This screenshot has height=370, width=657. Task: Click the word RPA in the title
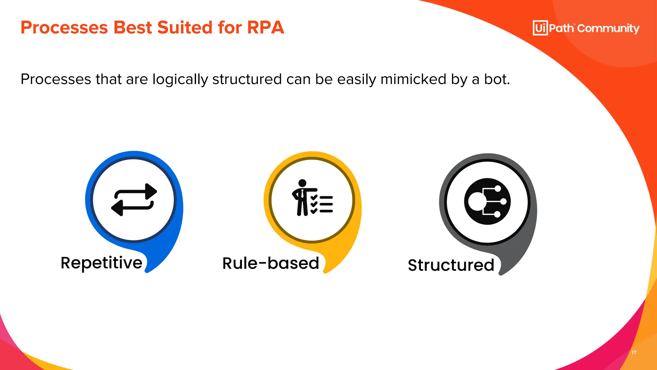click(265, 28)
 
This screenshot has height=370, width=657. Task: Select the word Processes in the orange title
click(64, 28)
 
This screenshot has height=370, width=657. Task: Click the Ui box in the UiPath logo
click(540, 28)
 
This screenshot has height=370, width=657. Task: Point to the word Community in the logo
click(608, 29)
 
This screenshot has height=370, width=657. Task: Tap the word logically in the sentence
click(180, 80)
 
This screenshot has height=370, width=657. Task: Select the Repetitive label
click(101, 263)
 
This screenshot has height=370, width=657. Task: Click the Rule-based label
click(271, 263)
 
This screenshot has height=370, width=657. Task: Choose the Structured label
click(451, 265)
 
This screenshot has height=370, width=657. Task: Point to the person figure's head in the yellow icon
click(302, 183)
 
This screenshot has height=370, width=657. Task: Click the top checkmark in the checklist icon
click(314, 197)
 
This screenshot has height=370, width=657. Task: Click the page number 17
click(634, 352)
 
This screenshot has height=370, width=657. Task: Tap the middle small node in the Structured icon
click(503, 201)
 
